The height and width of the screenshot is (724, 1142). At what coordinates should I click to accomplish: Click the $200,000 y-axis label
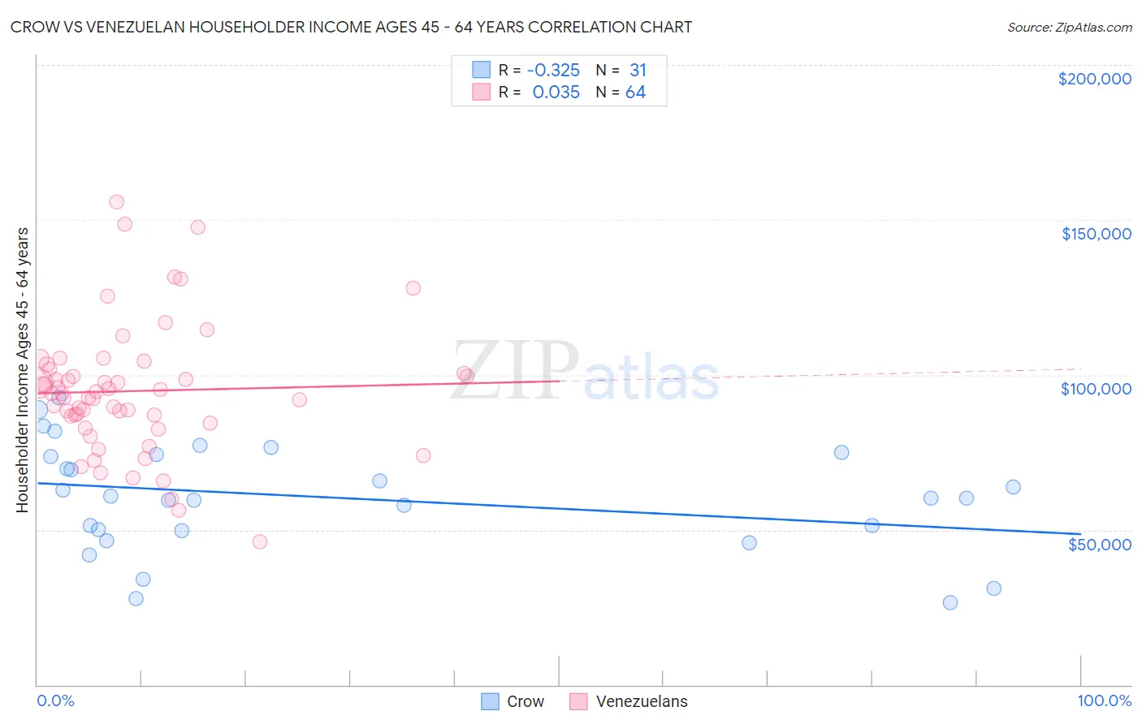[x=1094, y=79]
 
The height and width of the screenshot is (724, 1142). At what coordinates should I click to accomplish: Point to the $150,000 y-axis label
[x=1096, y=234]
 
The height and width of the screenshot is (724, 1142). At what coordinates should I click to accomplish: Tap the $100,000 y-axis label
[x=1096, y=389]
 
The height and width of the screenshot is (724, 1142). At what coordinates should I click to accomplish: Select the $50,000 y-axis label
[x=1099, y=544]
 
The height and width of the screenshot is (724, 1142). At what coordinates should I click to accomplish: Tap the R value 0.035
[x=556, y=93]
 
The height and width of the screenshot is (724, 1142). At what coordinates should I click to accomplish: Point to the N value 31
[x=638, y=71]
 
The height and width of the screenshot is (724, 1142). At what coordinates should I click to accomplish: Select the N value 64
[x=635, y=93]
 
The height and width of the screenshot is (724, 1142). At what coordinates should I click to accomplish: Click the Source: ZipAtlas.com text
[x=1069, y=28]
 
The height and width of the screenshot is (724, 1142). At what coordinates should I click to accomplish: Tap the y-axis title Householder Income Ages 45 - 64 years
[x=23, y=370]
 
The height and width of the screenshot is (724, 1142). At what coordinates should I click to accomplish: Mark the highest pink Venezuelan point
[x=116, y=202]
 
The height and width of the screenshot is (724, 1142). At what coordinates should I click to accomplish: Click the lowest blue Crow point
[x=950, y=602]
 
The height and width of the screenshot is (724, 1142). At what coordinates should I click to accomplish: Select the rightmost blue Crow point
[x=1013, y=487]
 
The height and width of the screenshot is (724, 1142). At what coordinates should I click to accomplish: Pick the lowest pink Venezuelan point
[x=260, y=541]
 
